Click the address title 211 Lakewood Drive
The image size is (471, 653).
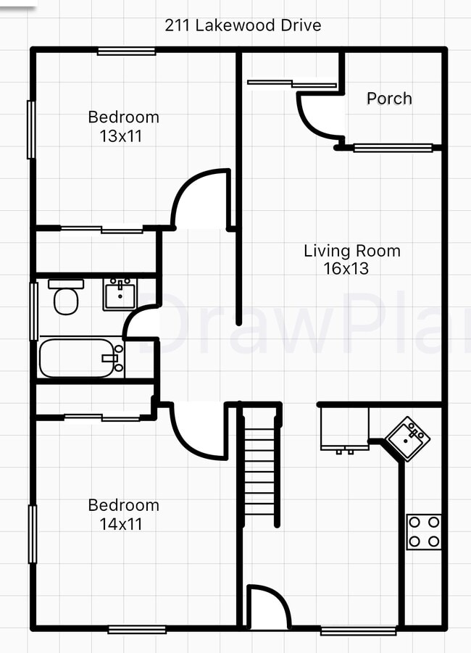point(243,26)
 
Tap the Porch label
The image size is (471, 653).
point(389,99)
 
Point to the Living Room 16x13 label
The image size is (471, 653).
point(351,259)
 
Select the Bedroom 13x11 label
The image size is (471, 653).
point(123,126)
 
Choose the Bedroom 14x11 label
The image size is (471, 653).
point(123,514)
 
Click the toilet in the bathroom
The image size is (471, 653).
point(67,297)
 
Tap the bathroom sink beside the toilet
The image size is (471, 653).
point(119,294)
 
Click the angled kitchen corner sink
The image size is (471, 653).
point(407,438)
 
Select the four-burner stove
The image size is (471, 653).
point(424,532)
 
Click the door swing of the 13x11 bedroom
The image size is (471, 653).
point(199,197)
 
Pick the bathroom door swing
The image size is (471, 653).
point(142,324)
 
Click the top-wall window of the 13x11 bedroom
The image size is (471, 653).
point(126,51)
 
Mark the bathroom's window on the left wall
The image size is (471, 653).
point(33,311)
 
